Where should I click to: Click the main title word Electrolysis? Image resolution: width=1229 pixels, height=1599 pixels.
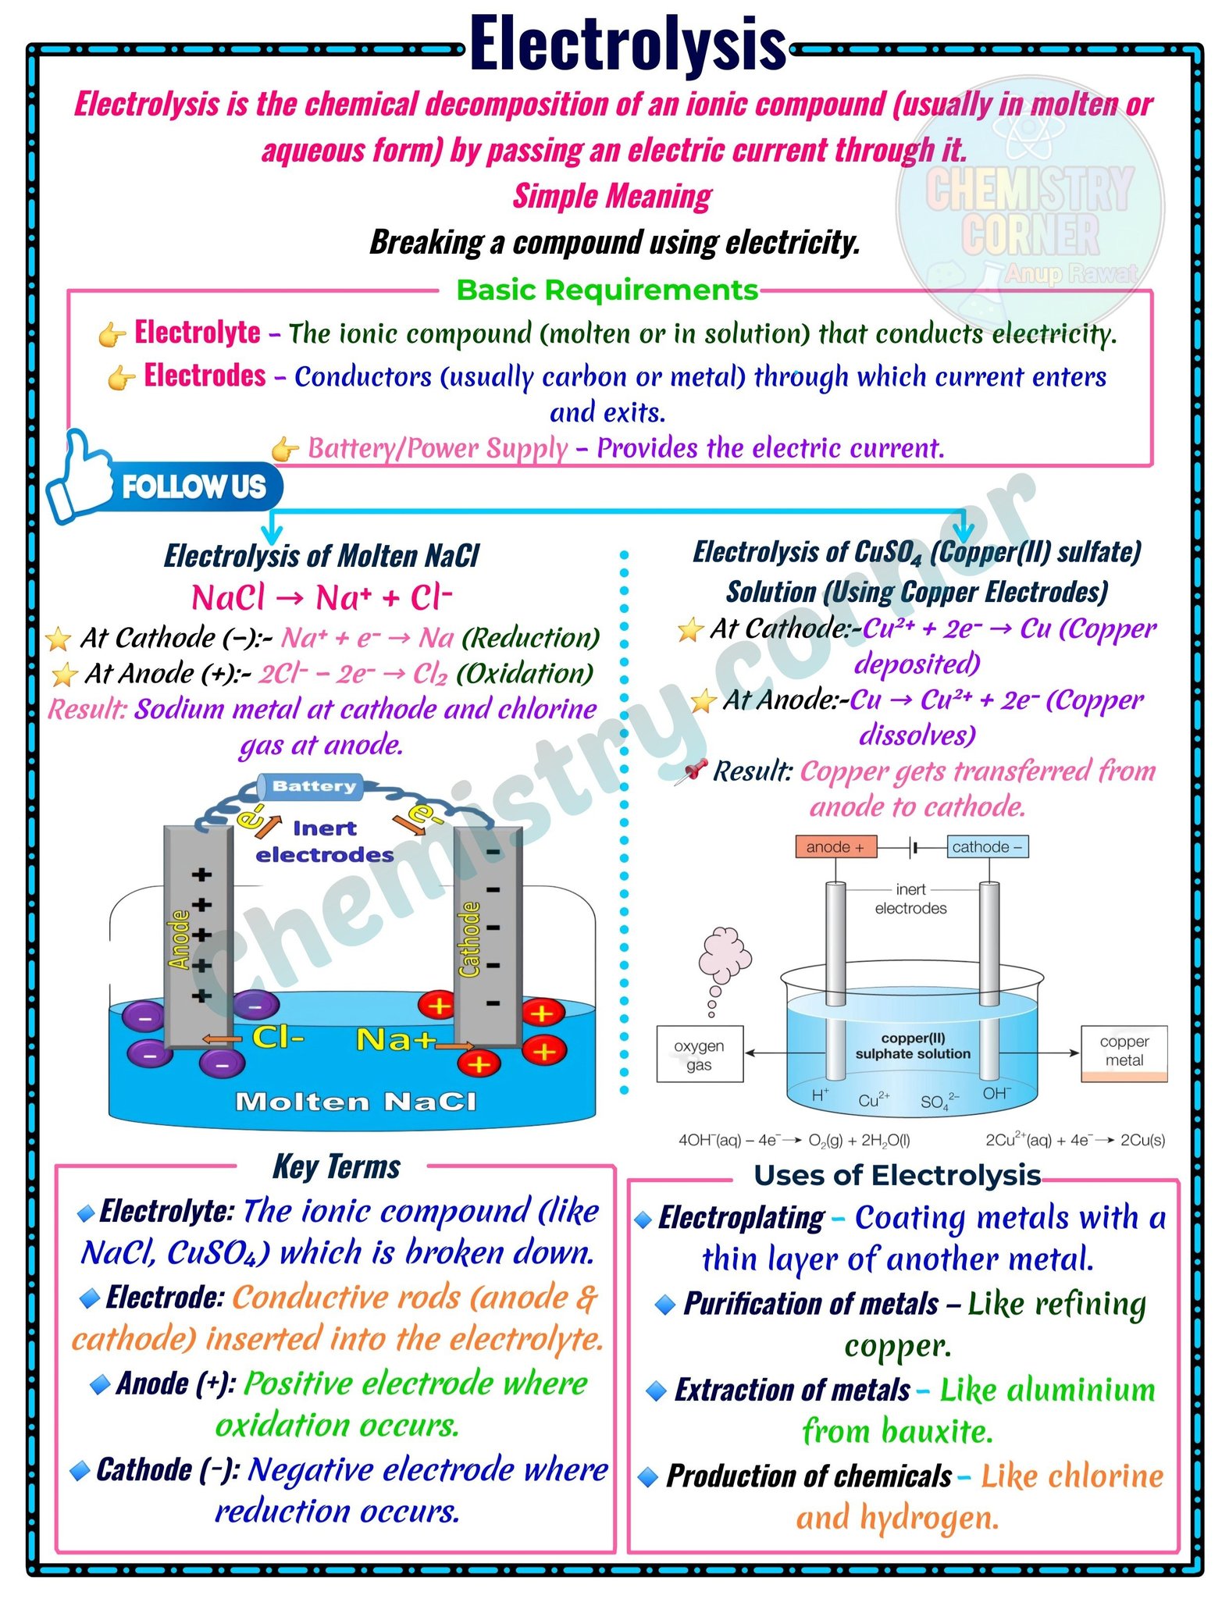coord(628,45)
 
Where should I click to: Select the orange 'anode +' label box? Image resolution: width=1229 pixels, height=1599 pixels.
coord(835,847)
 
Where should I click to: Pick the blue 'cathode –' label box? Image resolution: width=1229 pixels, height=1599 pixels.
coord(987,847)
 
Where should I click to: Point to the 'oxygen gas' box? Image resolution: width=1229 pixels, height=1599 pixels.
coord(700,1054)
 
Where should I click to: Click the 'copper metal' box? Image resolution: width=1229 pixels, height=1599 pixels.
coord(1124,1053)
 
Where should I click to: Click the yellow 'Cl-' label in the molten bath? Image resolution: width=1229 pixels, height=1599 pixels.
coord(278,1038)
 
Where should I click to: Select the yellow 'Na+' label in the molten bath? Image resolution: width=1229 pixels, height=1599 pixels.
coord(395,1040)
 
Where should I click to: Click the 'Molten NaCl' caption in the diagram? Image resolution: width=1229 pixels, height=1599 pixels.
coord(355,1102)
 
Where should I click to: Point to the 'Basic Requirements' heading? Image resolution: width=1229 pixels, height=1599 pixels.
coord(607,290)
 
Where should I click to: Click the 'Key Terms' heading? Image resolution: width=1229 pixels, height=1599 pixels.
coord(337,1166)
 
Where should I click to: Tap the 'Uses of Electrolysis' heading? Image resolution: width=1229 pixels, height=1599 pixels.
coord(897,1175)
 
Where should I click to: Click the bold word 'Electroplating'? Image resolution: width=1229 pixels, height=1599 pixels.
coord(741,1217)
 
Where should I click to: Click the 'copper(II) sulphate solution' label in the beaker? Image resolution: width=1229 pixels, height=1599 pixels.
coord(913,1046)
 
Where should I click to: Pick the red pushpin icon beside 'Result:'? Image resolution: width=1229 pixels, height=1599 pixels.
coord(691,771)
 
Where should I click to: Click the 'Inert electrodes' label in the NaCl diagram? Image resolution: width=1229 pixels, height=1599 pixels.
coord(325,842)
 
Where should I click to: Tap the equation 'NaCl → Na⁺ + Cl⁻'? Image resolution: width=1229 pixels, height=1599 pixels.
coord(322,598)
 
